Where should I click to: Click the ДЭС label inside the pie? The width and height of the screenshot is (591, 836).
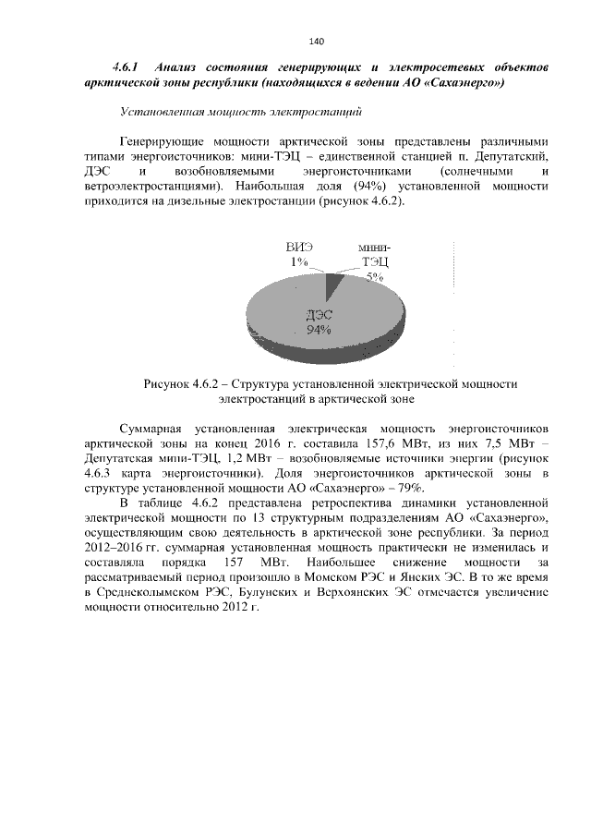coord(320,317)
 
